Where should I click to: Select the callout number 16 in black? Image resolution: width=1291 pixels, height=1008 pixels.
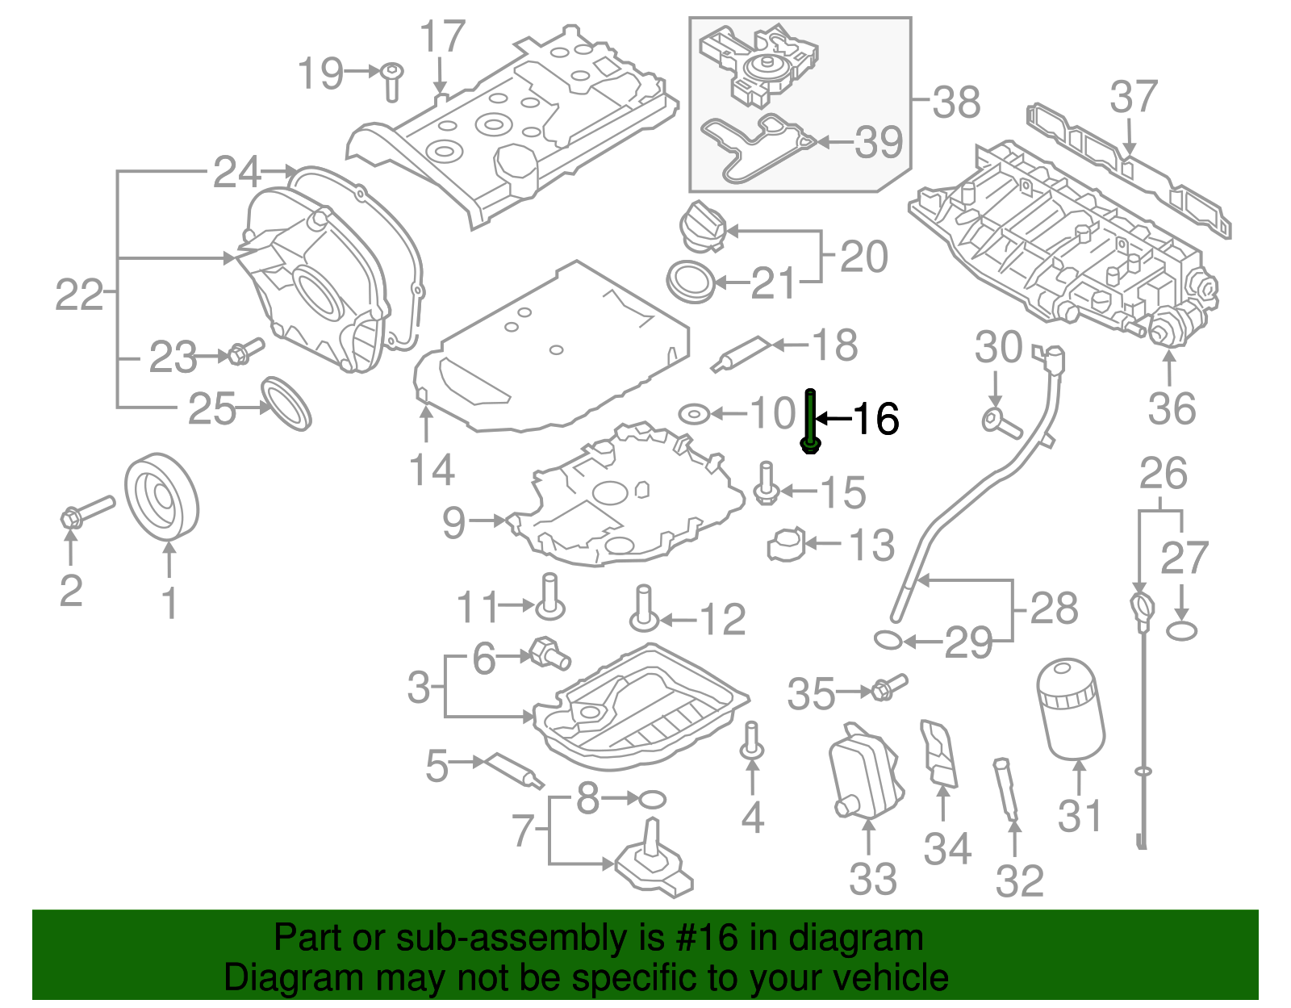click(875, 419)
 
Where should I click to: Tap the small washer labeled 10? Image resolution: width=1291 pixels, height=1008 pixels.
click(693, 414)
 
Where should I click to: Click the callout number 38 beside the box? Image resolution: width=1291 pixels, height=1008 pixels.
click(956, 102)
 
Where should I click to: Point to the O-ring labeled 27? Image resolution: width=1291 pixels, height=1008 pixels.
click(1181, 630)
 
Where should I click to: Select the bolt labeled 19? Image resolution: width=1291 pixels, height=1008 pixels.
click(391, 81)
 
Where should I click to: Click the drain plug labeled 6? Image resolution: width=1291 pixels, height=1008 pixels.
click(551, 653)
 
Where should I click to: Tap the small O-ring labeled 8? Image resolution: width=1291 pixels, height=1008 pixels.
click(652, 800)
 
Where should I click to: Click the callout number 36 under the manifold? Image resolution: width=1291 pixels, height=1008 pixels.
click(1172, 408)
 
